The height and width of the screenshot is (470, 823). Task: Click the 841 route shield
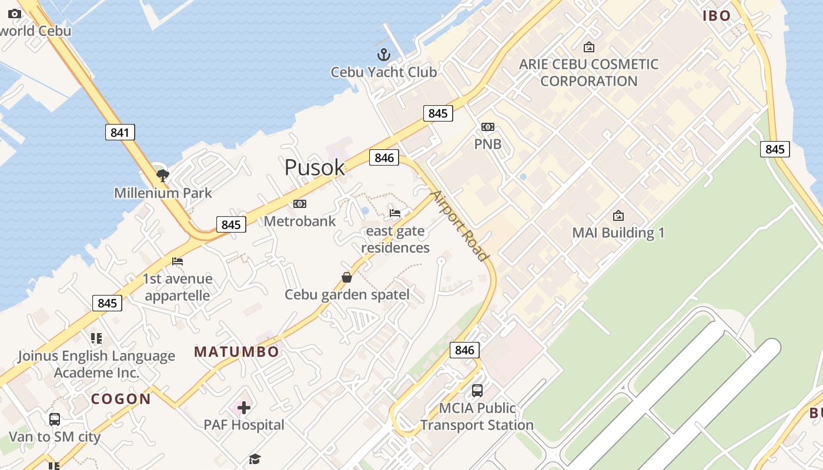(120, 132)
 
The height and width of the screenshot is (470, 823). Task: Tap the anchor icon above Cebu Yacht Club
(383, 55)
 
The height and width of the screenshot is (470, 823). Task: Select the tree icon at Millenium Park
(163, 174)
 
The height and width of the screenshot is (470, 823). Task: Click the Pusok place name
(315, 167)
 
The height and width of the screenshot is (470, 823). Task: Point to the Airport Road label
(460, 226)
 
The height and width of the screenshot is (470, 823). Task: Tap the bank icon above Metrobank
(300, 204)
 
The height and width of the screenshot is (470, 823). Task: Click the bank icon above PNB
(488, 127)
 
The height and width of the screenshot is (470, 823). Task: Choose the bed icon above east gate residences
(395, 213)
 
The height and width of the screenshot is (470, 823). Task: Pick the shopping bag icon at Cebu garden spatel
(347, 277)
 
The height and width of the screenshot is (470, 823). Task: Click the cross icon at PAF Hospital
(244, 407)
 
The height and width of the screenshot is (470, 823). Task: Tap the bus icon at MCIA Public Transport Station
(477, 390)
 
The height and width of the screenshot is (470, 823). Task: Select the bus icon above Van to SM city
(55, 419)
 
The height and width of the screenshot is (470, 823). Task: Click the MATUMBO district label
(237, 352)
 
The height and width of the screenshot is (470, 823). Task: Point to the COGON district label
(121, 399)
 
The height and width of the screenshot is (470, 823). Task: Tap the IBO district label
(717, 16)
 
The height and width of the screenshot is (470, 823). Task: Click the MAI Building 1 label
(618, 233)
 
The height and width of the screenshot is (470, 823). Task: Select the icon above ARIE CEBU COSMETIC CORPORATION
(588, 47)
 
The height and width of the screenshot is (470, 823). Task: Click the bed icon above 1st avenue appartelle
(178, 261)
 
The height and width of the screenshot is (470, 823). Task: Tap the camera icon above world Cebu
(15, 14)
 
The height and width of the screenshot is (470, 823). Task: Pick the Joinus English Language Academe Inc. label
(96, 364)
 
